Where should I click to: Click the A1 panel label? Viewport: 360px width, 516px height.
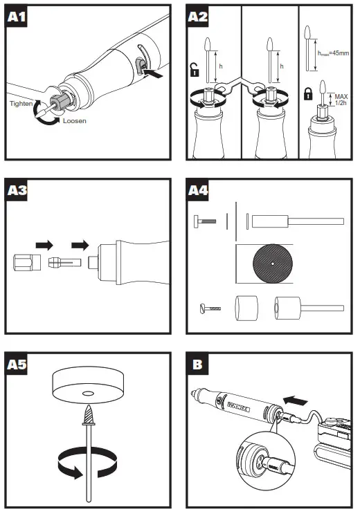pyautogui.click(x=17, y=16)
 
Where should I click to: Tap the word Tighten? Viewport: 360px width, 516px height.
pyautogui.click(x=21, y=103)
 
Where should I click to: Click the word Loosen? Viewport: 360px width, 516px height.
pyautogui.click(x=75, y=121)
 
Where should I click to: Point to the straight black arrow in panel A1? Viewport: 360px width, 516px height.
pyautogui.click(x=154, y=73)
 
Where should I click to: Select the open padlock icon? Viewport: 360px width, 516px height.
pyautogui.click(x=195, y=70)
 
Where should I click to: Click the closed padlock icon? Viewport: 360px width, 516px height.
pyautogui.click(x=307, y=93)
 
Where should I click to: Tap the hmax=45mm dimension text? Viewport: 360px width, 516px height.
pyautogui.click(x=333, y=53)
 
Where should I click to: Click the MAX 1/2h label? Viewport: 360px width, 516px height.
pyautogui.click(x=341, y=100)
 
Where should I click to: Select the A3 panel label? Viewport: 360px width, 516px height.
pyautogui.click(x=17, y=190)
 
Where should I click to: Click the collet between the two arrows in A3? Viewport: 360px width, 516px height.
pyautogui.click(x=65, y=262)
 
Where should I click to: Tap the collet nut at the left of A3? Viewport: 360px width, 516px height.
pyautogui.click(x=27, y=262)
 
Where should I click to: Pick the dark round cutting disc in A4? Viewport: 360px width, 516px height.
pyautogui.click(x=273, y=264)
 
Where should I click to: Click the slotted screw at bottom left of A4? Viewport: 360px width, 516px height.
pyautogui.click(x=210, y=308)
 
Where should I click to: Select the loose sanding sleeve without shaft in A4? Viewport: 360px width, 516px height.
pyautogui.click(x=246, y=308)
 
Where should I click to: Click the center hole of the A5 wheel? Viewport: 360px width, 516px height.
pyautogui.click(x=88, y=394)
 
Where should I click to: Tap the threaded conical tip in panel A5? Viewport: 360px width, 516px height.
pyautogui.click(x=89, y=414)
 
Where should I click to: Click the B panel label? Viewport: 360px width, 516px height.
pyautogui.click(x=197, y=365)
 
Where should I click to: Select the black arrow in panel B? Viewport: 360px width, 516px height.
pyautogui.click(x=296, y=400)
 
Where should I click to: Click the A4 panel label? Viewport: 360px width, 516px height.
pyautogui.click(x=198, y=190)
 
